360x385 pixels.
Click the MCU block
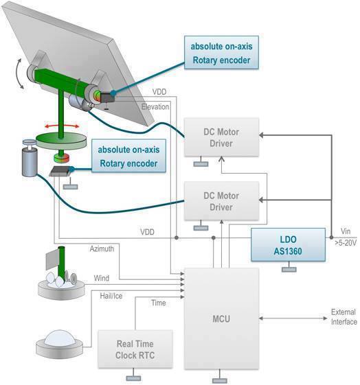coord(221,318)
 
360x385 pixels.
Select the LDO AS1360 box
coord(285,244)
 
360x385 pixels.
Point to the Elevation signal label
coord(155,107)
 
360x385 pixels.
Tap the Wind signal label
coord(101,279)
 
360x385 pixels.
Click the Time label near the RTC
coord(157,302)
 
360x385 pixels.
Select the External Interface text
coord(344,318)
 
